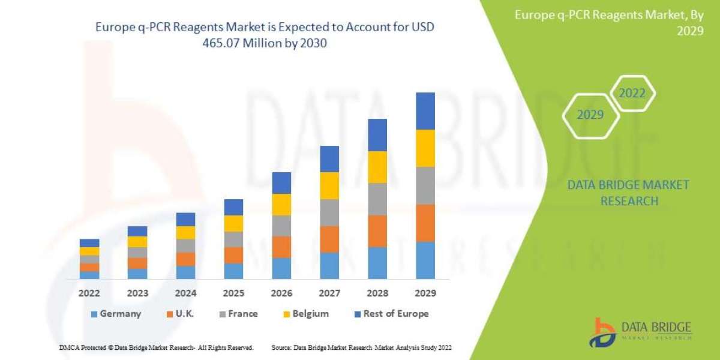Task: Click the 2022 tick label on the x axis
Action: pyautogui.click(x=89, y=293)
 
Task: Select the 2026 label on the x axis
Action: pyautogui.click(x=281, y=293)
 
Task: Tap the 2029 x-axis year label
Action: pyautogui.click(x=425, y=293)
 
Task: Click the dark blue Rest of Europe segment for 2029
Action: pyautogui.click(x=425, y=111)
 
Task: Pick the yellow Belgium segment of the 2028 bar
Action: pyautogui.click(x=377, y=167)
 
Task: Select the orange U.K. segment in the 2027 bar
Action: pyautogui.click(x=329, y=239)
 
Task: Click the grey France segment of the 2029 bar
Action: pyautogui.click(x=425, y=185)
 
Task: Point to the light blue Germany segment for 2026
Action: pyautogui.click(x=281, y=268)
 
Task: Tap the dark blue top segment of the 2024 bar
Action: pyautogui.click(x=185, y=219)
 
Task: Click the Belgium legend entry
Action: pyautogui.click(x=305, y=314)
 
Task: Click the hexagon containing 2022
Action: pyautogui.click(x=632, y=93)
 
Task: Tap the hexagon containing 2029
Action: pyautogui.click(x=590, y=115)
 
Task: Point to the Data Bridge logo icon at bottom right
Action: pyautogui.click(x=602, y=332)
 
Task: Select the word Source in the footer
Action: pyautogui.click(x=281, y=347)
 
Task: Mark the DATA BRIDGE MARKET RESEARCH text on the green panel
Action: pyautogui.click(x=628, y=193)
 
